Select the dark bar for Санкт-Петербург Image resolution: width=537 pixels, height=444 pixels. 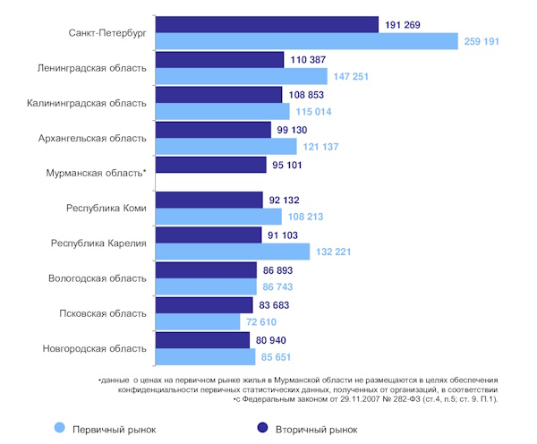pyautogui.click(x=266, y=24)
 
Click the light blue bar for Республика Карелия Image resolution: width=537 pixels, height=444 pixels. pyautogui.click(x=232, y=252)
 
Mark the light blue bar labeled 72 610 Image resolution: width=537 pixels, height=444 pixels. pyautogui.click(x=198, y=322)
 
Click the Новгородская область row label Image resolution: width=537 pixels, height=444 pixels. pyautogui.click(x=94, y=348)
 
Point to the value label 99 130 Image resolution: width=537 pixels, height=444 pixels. pyautogui.click(x=296, y=130)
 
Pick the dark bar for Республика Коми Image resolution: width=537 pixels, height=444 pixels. pyautogui.click(x=209, y=200)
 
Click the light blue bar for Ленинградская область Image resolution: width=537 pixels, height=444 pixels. pyautogui.click(x=239, y=77)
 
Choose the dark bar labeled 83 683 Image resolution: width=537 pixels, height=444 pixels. pyautogui.click(x=203, y=304)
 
